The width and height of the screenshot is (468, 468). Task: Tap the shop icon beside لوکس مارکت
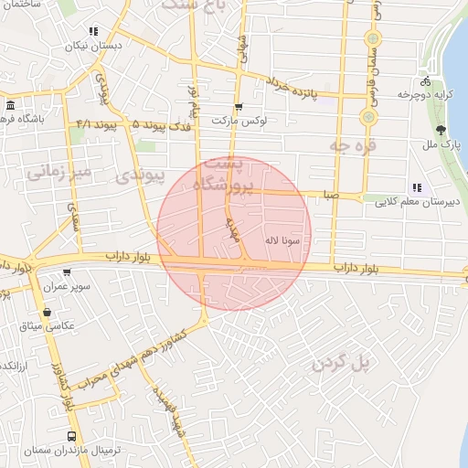coord(239,108)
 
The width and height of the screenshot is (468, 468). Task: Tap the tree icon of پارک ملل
coord(443,129)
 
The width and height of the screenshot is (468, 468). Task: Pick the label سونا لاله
coord(282,239)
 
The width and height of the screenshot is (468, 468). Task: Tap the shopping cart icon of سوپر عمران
coord(67,272)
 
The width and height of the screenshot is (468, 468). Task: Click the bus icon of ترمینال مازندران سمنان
coord(72,436)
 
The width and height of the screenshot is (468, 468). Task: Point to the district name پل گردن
coord(343,364)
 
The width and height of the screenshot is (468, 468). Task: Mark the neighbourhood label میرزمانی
coord(57,173)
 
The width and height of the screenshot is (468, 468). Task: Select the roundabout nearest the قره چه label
coord(368,117)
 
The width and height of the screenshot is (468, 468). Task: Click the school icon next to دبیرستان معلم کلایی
coord(417,187)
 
